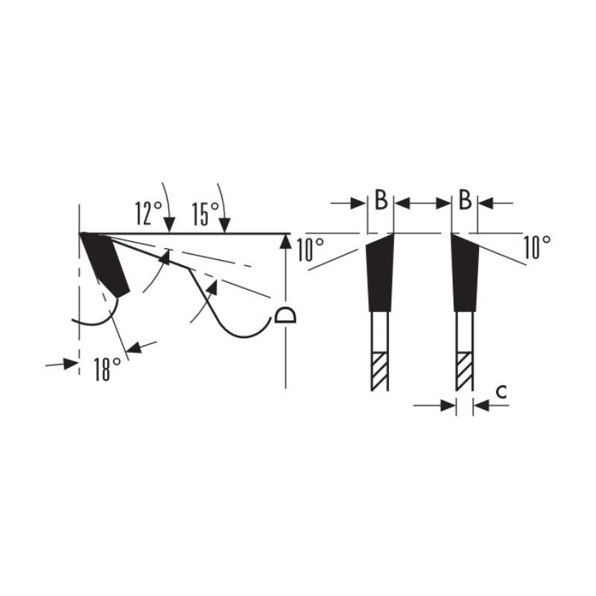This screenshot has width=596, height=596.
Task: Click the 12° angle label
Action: pos(148,213)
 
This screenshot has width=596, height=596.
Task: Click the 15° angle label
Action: pos(206,213)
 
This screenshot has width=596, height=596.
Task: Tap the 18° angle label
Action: pos(107,369)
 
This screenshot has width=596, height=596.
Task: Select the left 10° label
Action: pos(311,250)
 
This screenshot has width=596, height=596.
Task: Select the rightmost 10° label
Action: pos(537,247)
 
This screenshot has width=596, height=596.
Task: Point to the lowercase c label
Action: pos(501,391)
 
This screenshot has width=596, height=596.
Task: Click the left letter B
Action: pos(381,200)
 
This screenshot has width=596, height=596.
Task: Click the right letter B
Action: pos(465,200)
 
